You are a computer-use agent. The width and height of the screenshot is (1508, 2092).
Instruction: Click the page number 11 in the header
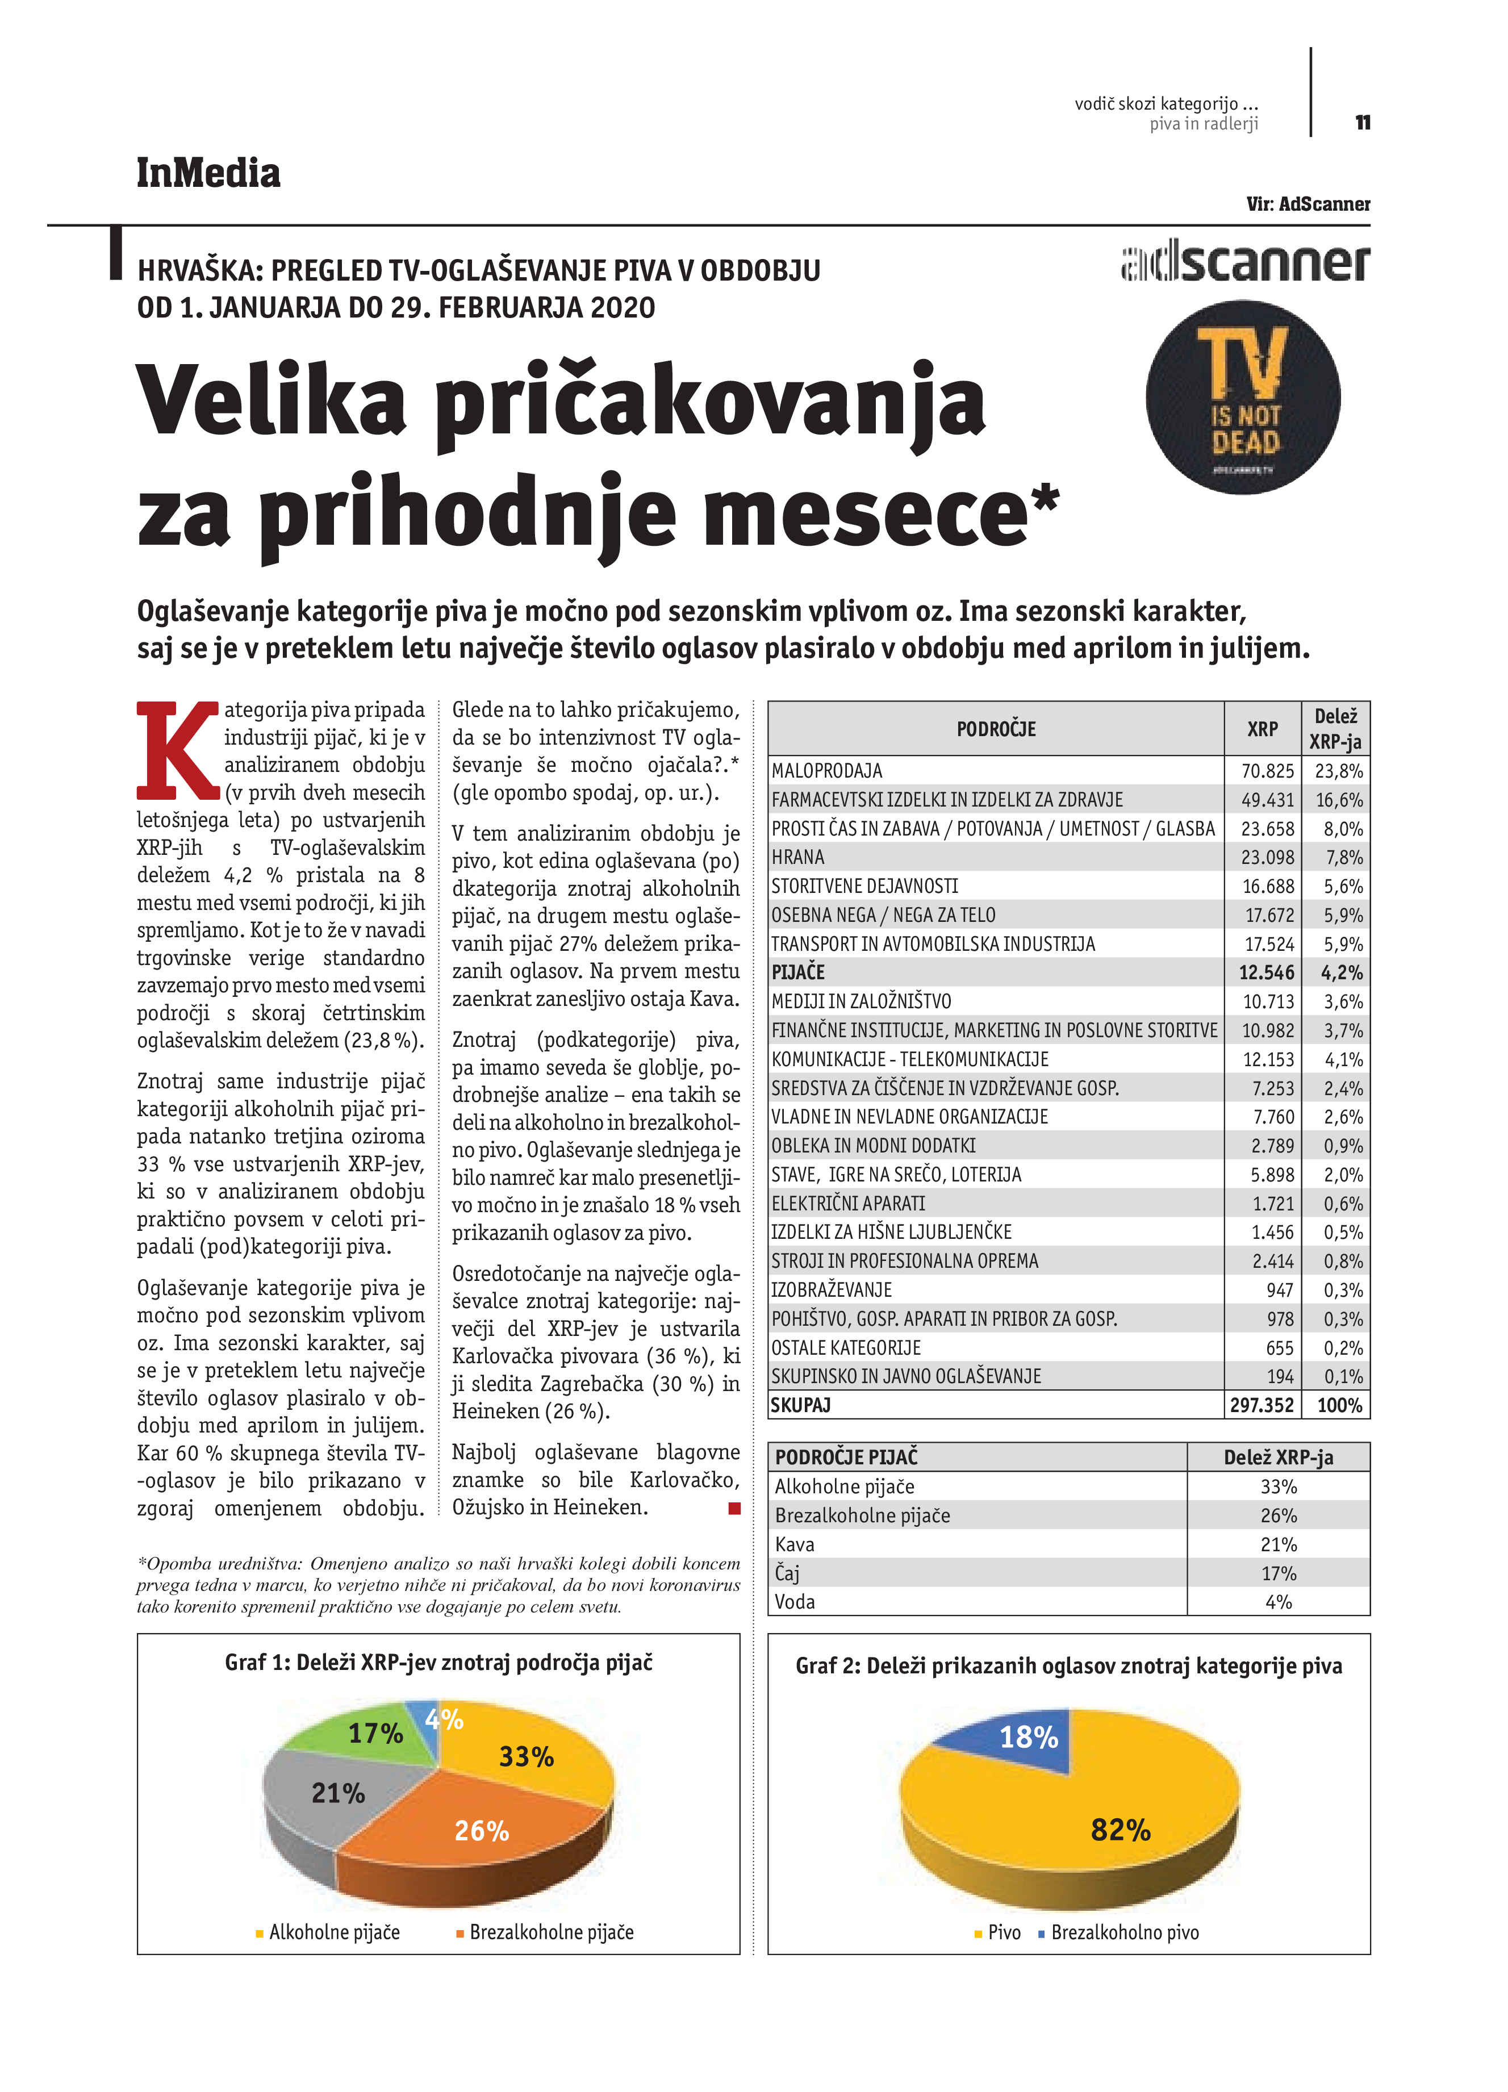point(1362,123)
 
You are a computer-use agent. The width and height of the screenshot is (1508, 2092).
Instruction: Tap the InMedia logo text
point(208,173)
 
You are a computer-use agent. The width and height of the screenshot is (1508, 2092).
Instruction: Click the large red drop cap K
point(178,750)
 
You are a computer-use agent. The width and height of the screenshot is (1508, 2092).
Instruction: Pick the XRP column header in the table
point(1261,729)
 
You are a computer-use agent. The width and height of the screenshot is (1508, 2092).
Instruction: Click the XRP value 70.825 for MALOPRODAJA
point(1267,771)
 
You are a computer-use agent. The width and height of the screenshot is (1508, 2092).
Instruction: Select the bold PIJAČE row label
point(798,972)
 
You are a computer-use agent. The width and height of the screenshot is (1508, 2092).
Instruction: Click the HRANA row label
point(798,857)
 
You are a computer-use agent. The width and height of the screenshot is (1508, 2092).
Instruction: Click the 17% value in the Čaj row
point(1279,1573)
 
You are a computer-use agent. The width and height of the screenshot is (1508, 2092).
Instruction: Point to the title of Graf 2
point(1068,1666)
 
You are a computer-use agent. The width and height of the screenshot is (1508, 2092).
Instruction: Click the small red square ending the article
point(734,1508)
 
